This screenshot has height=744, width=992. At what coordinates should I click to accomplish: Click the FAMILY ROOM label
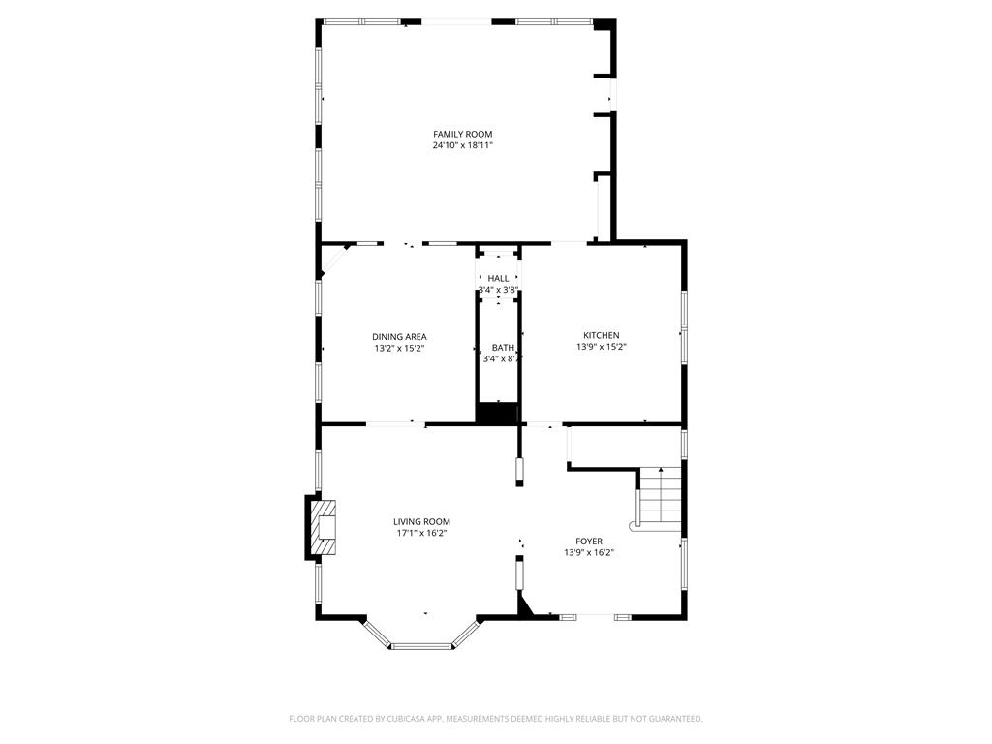click(x=462, y=134)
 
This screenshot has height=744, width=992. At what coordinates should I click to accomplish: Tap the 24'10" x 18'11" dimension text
click(x=462, y=145)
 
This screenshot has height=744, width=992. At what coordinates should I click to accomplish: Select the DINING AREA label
click(x=399, y=337)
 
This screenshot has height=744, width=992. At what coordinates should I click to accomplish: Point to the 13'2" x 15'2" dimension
click(x=399, y=348)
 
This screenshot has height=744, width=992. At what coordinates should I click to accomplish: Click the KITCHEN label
click(x=601, y=336)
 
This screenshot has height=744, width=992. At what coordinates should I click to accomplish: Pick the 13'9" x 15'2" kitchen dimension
click(x=601, y=347)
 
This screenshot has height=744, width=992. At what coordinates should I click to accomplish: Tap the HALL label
click(x=499, y=279)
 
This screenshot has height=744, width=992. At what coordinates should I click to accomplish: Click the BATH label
click(x=503, y=348)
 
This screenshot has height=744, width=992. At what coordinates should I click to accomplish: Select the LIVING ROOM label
click(x=422, y=522)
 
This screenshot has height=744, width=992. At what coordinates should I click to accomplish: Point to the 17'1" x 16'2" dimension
click(x=422, y=534)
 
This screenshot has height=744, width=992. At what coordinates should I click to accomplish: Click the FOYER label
click(x=589, y=542)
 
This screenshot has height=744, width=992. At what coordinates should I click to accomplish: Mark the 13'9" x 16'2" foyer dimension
click(x=589, y=552)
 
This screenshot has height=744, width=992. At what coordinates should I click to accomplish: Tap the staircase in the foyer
click(x=660, y=499)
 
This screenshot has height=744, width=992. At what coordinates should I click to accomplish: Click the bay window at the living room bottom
click(x=420, y=635)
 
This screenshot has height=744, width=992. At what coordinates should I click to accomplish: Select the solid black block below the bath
click(x=497, y=413)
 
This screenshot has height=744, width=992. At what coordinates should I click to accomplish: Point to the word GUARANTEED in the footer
click(x=676, y=719)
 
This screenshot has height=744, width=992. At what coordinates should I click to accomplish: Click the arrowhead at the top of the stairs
click(x=661, y=470)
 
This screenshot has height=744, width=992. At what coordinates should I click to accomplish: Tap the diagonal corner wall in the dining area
click(x=334, y=261)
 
